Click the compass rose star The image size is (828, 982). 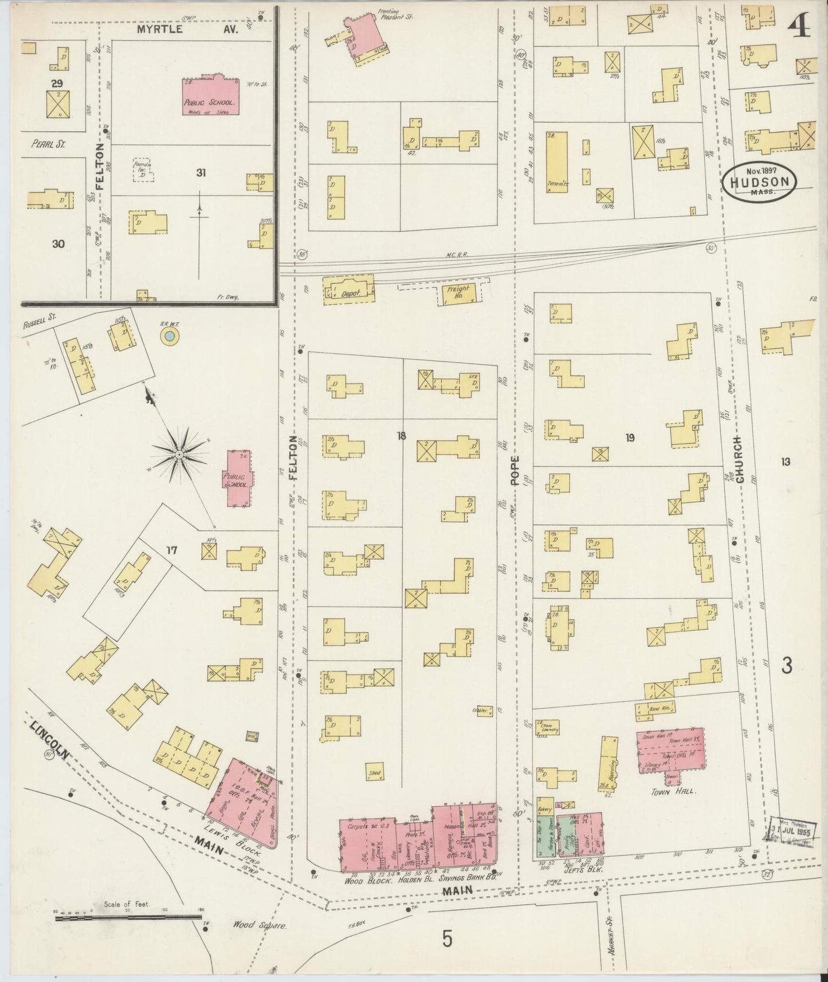[179, 454]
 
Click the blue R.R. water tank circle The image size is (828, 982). [169, 337]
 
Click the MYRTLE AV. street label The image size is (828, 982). [161, 29]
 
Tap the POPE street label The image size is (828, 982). [515, 470]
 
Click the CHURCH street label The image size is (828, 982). [739, 459]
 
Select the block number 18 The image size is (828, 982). [401, 436]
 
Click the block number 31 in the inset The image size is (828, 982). [201, 172]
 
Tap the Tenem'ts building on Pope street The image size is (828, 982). [556, 163]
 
